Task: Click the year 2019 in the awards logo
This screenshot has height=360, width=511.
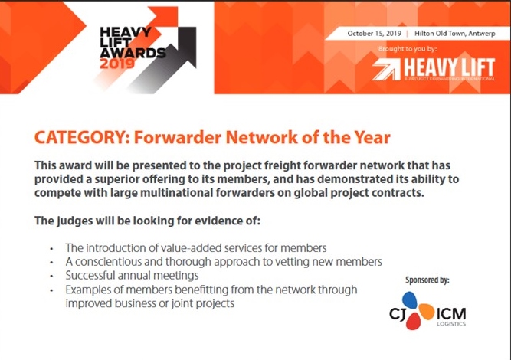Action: [117, 63]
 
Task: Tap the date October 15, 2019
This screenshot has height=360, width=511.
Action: [374, 34]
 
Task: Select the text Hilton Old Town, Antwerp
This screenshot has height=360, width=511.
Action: [455, 34]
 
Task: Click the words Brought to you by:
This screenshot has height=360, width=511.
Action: [408, 49]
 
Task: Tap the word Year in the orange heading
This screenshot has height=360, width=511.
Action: [372, 137]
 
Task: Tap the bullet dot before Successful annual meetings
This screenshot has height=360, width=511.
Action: [51, 277]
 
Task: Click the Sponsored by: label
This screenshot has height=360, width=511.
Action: [427, 280]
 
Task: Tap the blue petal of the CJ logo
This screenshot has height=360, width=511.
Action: [410, 300]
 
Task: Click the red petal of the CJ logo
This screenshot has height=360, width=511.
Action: [413, 321]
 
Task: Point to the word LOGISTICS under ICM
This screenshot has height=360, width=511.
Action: [451, 324]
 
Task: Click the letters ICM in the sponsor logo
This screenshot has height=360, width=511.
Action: [451, 314]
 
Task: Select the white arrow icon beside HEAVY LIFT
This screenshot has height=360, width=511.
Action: [387, 70]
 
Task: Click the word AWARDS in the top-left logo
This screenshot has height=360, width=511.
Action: [133, 53]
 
